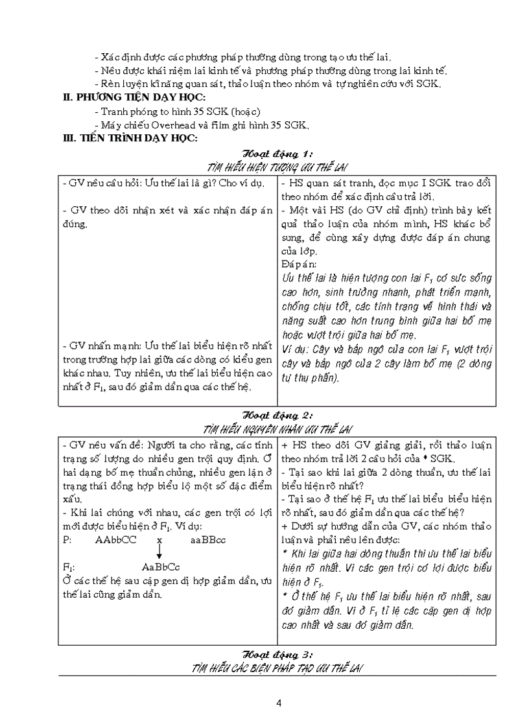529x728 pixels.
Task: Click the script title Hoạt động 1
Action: [277, 154]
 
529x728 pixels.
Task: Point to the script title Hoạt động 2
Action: [277, 415]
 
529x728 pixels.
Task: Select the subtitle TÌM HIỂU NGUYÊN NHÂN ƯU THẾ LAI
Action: [277, 429]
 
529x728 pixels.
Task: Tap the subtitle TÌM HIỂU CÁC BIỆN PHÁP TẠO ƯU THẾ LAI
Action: [277, 668]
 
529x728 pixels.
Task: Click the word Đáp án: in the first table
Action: [300, 264]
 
